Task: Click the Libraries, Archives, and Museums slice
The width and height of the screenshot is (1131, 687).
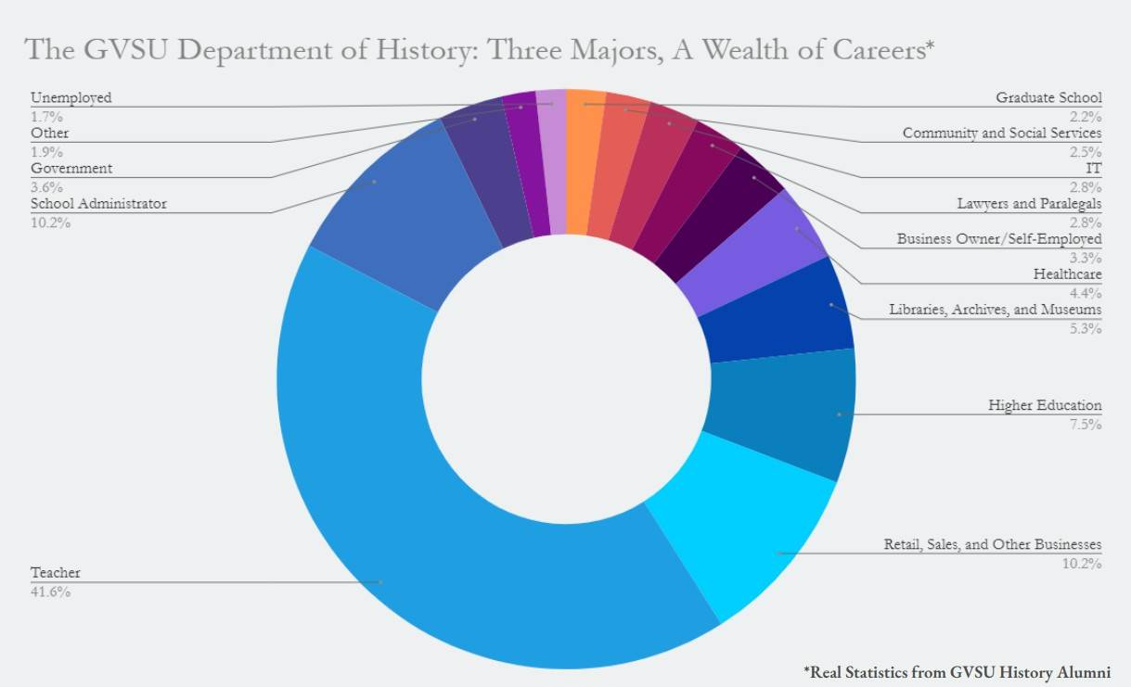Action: [x=779, y=311]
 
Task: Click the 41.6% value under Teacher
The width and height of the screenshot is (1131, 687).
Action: [x=50, y=592]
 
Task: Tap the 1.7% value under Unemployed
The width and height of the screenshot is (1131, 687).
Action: [x=46, y=117]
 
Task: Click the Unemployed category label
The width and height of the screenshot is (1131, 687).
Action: [x=71, y=97]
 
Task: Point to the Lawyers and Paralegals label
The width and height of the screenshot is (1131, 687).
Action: [x=1029, y=204]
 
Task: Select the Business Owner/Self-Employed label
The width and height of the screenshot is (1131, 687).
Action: [x=999, y=239]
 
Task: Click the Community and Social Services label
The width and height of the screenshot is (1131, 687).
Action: [x=1002, y=134]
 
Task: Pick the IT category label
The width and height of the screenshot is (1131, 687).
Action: [x=1094, y=169]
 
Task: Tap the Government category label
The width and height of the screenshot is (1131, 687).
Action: [x=71, y=169]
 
